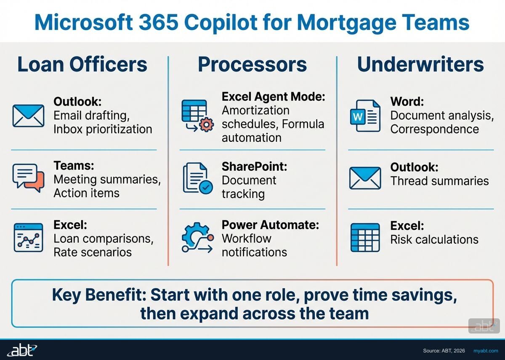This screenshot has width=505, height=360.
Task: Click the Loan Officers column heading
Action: [x=82, y=64]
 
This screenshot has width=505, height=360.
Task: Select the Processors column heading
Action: [x=252, y=64]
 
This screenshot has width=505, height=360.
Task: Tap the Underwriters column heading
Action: [x=420, y=64]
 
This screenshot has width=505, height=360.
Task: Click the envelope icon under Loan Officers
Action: [x=28, y=116]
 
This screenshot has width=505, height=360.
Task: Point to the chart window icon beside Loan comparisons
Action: [x=28, y=238]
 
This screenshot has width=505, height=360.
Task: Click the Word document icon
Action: [x=365, y=116]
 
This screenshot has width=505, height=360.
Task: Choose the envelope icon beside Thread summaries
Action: [x=365, y=178]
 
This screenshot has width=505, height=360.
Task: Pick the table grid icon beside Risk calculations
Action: [x=365, y=238]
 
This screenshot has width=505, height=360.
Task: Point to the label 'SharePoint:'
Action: [x=254, y=167]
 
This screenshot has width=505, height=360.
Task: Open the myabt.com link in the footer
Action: [x=485, y=351]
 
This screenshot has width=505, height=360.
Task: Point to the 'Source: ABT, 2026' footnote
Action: [x=444, y=351]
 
